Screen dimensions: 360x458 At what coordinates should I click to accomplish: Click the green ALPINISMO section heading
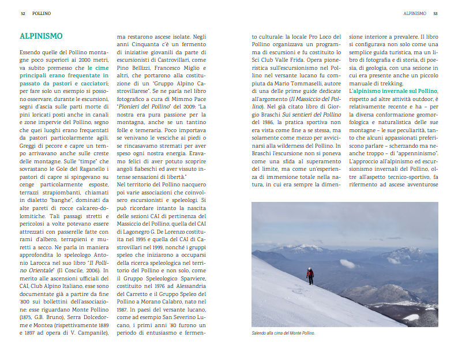click(41, 36)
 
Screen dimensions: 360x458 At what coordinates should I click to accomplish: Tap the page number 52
click(22, 12)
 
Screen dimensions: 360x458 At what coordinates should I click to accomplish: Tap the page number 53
click(436, 12)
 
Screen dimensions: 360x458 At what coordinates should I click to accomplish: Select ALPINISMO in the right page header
click(415, 12)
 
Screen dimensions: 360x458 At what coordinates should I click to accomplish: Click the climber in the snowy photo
click(310, 275)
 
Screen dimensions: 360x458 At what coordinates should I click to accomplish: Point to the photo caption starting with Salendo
click(283, 333)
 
